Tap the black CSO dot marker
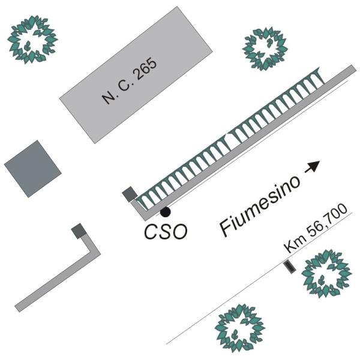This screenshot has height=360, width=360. [x=166, y=212]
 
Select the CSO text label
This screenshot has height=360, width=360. [x=166, y=232]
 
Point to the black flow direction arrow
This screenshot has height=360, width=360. [x=312, y=166]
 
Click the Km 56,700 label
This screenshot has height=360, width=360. [x=316, y=228]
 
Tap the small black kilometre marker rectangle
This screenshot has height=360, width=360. [x=289, y=267]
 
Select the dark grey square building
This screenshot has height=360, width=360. [x=33, y=169]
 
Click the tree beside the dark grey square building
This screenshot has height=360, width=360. [x=32, y=40]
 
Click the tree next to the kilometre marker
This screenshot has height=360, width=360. [x=326, y=274]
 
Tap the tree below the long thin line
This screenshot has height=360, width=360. [x=240, y=329]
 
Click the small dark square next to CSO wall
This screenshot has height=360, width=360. [x=130, y=194]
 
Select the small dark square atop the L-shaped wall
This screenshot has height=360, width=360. [x=79, y=231]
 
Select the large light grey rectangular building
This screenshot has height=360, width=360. [x=136, y=75]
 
